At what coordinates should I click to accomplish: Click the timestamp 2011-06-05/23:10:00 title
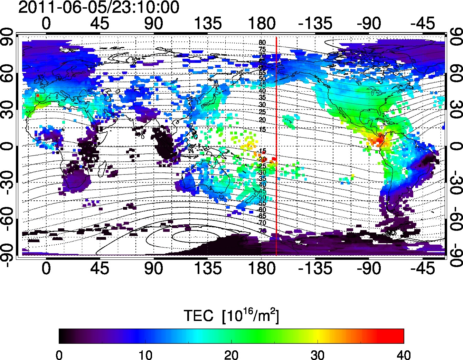point(98,8)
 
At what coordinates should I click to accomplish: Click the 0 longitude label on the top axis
point(46,24)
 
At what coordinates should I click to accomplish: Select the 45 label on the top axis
point(100,24)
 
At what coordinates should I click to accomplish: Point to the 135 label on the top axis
point(207,24)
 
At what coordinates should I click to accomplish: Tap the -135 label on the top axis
point(315,24)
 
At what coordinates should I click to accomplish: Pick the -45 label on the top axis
point(423,24)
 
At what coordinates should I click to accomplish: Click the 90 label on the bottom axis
point(154,268)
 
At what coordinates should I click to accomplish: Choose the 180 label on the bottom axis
point(261,268)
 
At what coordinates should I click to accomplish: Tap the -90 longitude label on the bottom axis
point(369,268)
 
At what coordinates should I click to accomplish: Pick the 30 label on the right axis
point(455,110)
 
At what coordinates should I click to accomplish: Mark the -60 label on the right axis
point(455,219)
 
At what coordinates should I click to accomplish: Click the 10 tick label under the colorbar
point(145,355)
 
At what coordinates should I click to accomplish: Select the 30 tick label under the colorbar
point(318,355)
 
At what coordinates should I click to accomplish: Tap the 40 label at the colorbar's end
point(404,355)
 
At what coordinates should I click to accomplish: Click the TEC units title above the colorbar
point(231,315)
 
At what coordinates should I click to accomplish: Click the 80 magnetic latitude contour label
point(262,43)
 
